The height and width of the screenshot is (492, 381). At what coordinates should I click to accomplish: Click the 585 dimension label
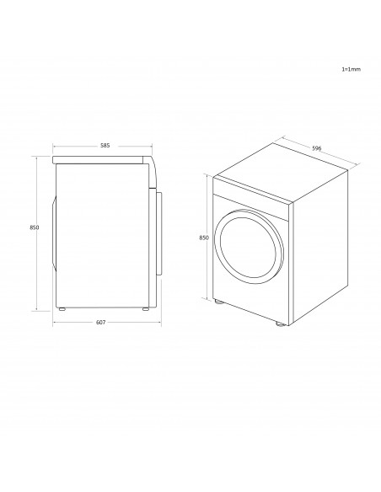point(105,146)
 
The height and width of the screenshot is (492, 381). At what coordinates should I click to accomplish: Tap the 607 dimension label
point(100,323)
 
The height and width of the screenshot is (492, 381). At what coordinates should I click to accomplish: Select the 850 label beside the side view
point(35,227)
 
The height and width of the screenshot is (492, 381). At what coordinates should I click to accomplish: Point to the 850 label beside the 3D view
point(204,238)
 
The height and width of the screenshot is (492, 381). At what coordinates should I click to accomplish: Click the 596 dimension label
point(317,148)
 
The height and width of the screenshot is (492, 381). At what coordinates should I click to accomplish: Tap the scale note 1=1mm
point(351,69)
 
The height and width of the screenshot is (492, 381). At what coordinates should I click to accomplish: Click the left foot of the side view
point(62,309)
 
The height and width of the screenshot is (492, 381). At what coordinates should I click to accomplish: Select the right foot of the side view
point(145,309)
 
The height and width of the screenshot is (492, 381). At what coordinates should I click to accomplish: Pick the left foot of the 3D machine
point(218,302)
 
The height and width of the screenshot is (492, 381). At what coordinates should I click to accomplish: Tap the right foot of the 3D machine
point(280,324)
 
